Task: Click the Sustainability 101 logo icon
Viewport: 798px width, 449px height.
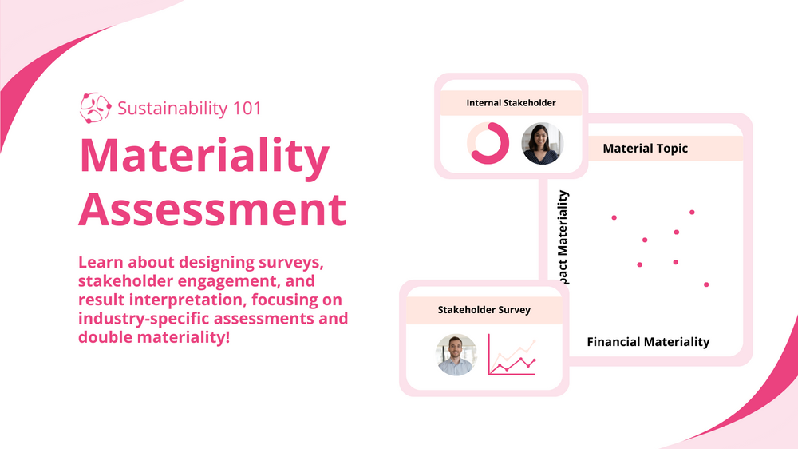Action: (95, 108)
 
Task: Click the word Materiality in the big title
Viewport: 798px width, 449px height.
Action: (204, 157)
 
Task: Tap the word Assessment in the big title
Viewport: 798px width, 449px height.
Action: (212, 210)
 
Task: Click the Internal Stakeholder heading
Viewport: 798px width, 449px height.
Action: (511, 103)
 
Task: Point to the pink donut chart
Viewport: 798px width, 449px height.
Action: (488, 143)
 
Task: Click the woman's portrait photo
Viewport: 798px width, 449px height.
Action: (543, 143)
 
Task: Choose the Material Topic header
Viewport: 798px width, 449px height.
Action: (645, 149)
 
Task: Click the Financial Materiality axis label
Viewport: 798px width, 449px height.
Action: (648, 342)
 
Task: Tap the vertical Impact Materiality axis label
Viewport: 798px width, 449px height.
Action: (563, 236)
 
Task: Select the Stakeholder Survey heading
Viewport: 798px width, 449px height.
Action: (484, 310)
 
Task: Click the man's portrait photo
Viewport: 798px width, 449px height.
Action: (456, 355)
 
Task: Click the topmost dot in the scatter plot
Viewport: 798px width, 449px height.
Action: (692, 213)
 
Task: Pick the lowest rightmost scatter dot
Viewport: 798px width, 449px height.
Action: (706, 284)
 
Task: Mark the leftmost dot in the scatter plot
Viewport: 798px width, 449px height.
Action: (614, 217)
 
